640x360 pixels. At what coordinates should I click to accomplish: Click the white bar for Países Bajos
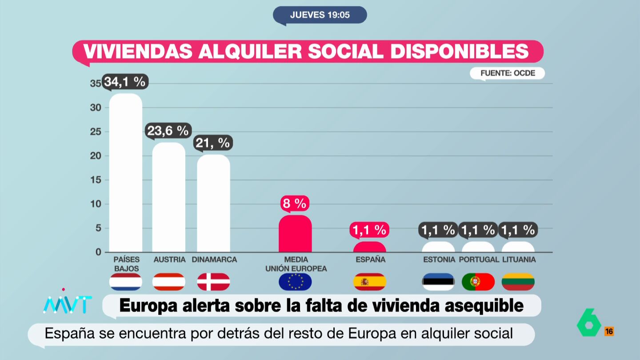[126, 173]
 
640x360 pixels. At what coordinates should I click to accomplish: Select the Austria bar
[169, 197]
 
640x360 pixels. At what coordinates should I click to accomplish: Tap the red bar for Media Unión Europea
[295, 234]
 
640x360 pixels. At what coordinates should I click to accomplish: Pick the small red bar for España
[369, 247]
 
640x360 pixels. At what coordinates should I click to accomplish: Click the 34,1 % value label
[124, 82]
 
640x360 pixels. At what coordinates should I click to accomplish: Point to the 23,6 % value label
[168, 131]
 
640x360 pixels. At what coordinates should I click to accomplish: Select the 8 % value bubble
[295, 204]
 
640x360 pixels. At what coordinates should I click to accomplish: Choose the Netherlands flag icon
[126, 282]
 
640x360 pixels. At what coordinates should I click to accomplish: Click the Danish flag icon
[213, 282]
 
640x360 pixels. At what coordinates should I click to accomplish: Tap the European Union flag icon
[295, 282]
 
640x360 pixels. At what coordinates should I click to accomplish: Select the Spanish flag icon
[369, 282]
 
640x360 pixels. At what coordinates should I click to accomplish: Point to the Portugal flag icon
[478, 282]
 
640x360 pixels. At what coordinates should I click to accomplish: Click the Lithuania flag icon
[518, 282]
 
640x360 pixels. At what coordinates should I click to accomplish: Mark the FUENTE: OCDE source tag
[508, 73]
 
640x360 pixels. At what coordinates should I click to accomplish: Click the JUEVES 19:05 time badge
[320, 15]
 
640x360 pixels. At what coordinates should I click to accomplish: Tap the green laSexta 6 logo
[589, 322]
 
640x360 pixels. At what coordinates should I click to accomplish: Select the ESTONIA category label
[439, 260]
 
